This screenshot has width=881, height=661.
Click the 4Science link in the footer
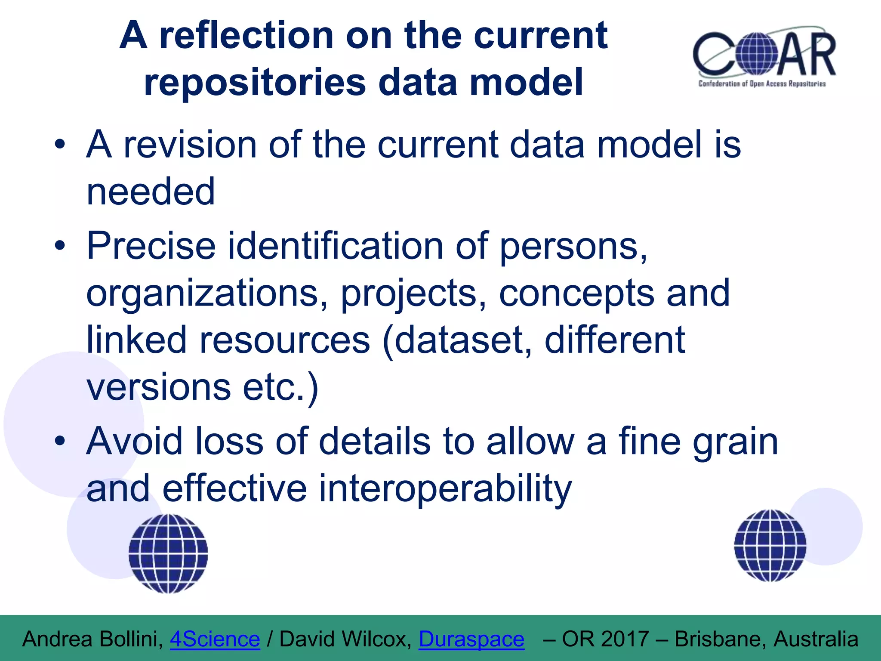(x=215, y=639)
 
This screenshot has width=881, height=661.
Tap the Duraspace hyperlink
(x=471, y=639)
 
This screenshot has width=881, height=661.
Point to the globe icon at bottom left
(x=168, y=553)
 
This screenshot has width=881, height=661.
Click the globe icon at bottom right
(x=770, y=545)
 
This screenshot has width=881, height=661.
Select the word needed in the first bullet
(x=151, y=192)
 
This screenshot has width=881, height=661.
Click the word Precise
(x=151, y=246)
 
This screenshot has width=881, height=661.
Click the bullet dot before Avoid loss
(x=60, y=441)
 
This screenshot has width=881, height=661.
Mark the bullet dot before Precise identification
(x=60, y=246)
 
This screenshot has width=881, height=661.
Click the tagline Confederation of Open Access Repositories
(x=762, y=83)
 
